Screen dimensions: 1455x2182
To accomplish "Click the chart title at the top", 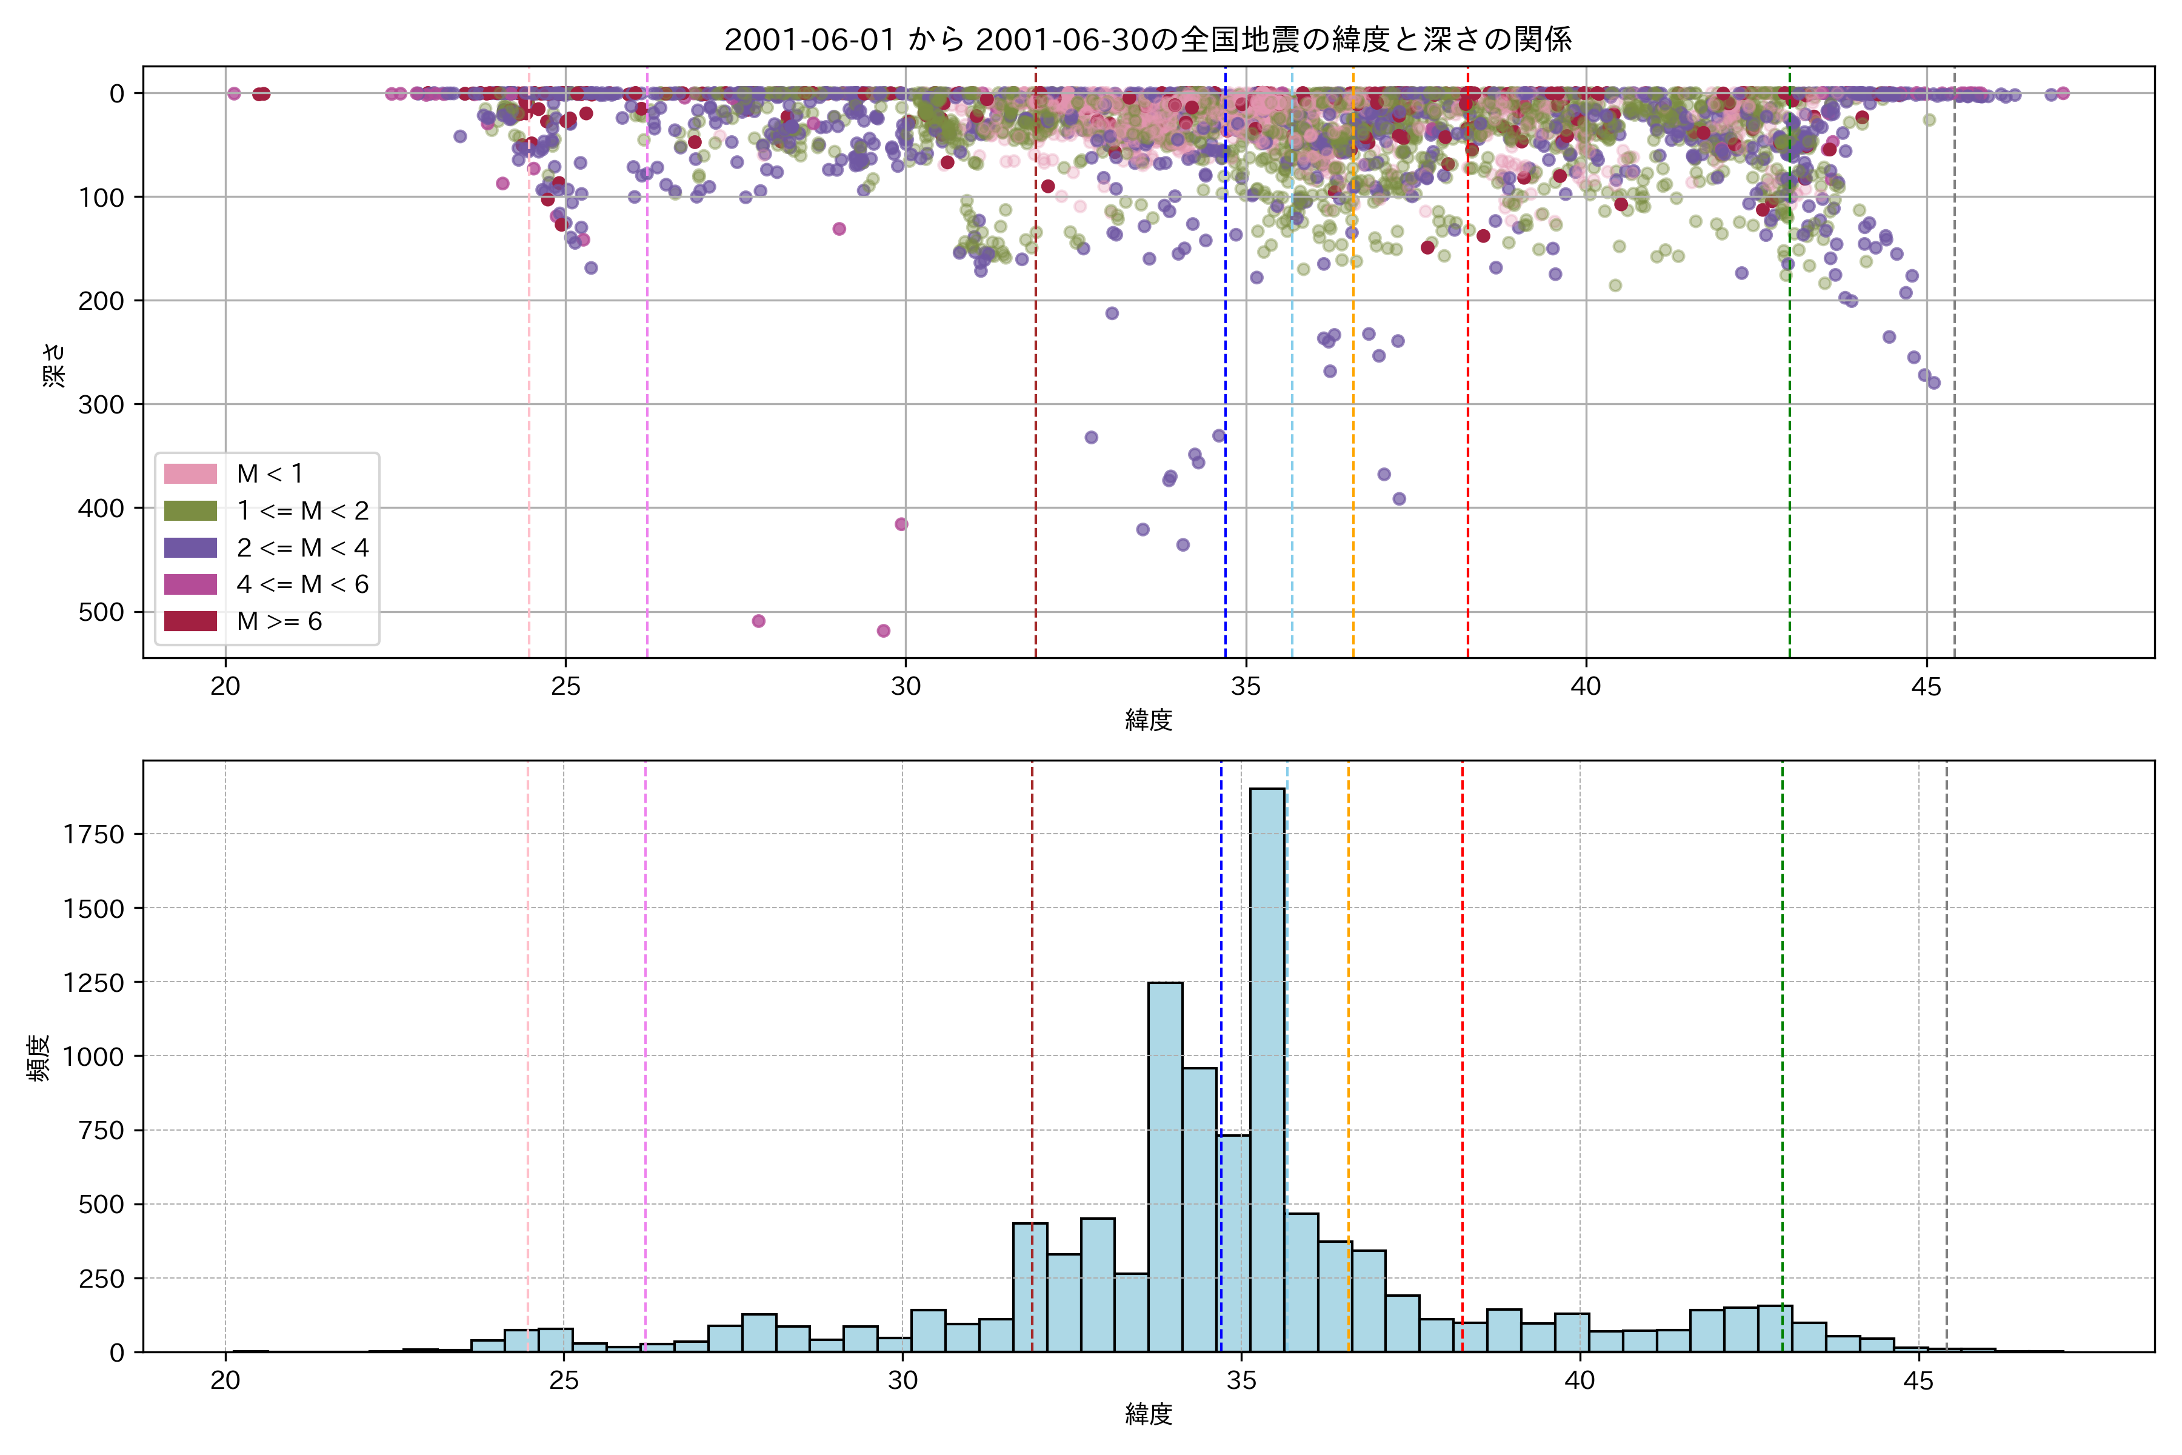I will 1147,40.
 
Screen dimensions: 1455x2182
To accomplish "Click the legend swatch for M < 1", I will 190,474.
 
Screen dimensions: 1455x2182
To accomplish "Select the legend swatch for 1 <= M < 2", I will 190,511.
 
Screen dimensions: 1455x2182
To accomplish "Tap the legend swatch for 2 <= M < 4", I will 190,547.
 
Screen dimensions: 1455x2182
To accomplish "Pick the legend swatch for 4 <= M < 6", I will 190,584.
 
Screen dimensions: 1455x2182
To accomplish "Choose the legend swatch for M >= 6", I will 190,621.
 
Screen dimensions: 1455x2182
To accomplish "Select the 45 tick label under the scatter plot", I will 1926,687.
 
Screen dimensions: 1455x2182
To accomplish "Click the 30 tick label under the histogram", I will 902,1381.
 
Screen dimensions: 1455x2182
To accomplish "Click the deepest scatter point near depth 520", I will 883,631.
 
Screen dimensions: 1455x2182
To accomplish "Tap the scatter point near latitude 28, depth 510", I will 759,621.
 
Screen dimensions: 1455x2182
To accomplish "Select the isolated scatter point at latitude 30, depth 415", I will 901,524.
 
